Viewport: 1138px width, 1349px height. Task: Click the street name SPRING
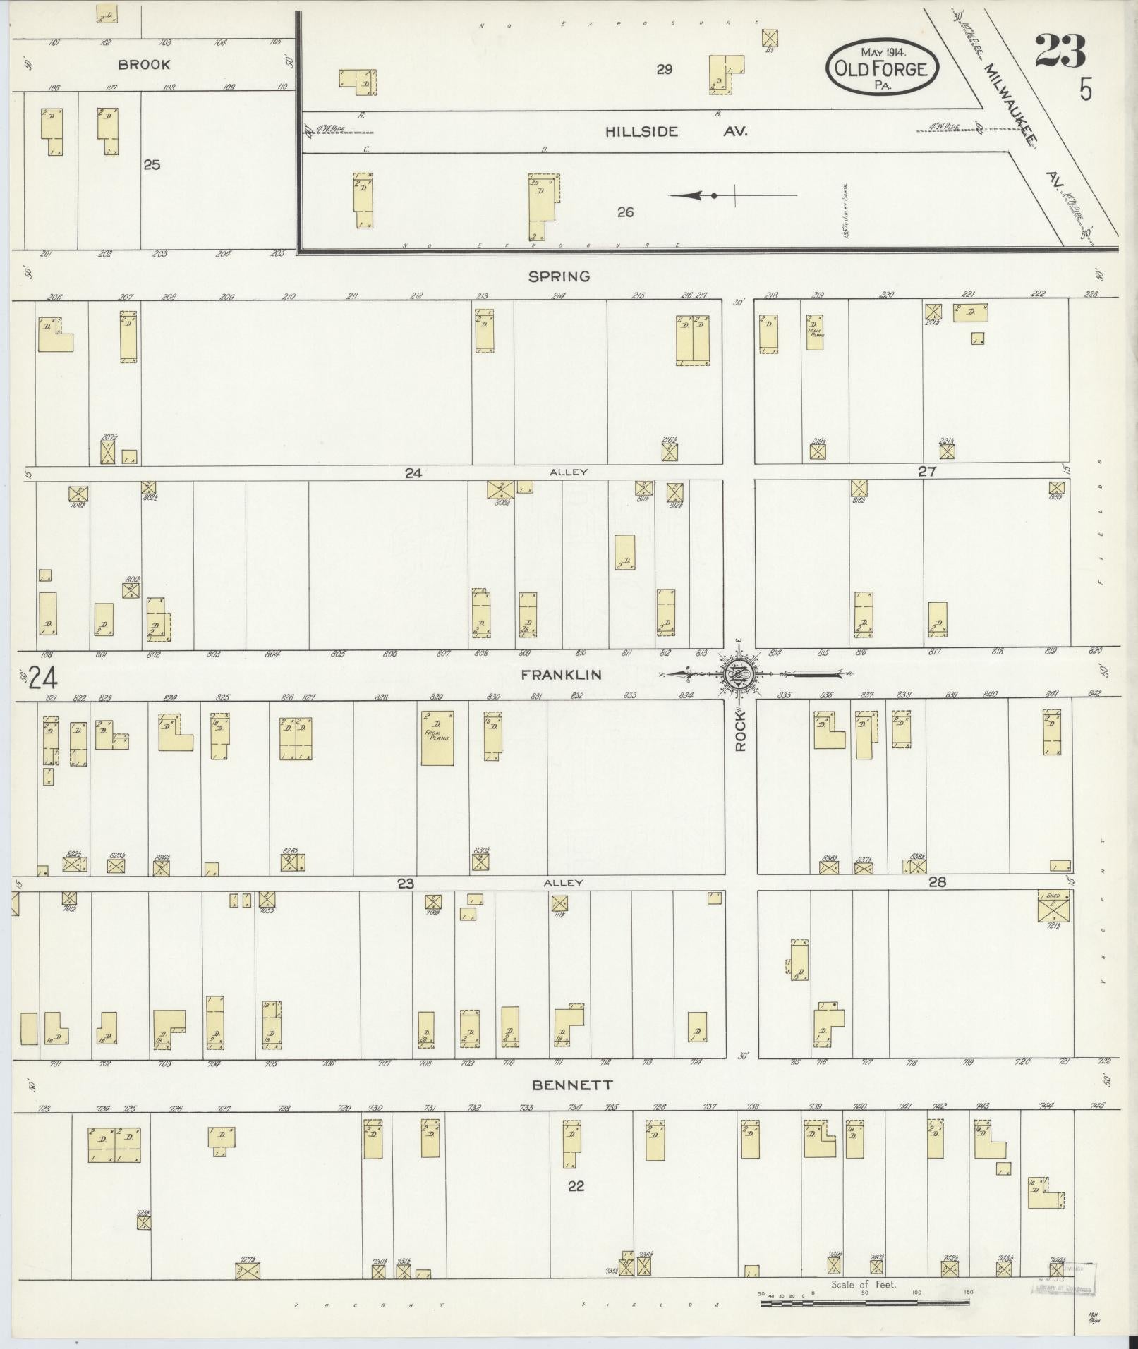coord(559,276)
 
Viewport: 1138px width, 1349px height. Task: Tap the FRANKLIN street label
coord(561,675)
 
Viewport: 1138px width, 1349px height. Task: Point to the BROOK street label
coord(144,64)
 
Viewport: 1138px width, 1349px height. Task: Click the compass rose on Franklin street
coord(737,675)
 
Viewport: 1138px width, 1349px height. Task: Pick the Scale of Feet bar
coord(864,1302)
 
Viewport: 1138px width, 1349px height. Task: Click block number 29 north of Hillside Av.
coord(664,69)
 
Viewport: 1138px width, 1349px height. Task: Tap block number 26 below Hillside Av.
coord(625,212)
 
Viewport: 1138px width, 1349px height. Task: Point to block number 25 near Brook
coord(152,164)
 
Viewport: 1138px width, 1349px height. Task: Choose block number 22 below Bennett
coord(576,1186)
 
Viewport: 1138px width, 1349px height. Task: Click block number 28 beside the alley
coord(936,881)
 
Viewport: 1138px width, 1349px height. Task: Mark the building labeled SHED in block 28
coord(1054,906)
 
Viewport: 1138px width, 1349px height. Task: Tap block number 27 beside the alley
coord(926,472)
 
